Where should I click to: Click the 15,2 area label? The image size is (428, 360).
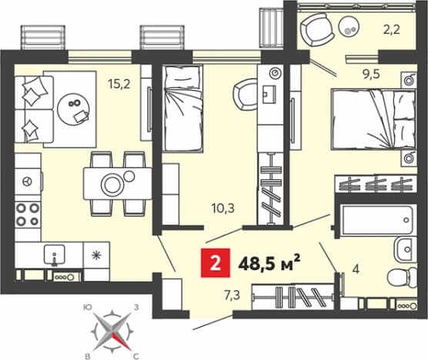click(119, 84)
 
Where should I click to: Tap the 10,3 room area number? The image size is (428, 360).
click(223, 208)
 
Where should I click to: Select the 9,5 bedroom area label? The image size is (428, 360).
click(371, 74)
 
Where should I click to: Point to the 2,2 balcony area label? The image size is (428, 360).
click(391, 30)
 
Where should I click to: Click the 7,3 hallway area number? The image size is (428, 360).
click(232, 295)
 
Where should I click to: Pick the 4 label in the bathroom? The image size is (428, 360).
click(356, 269)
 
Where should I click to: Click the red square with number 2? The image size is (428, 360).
click(216, 263)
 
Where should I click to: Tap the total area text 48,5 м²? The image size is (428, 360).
click(269, 263)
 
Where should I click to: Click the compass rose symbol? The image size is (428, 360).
click(112, 331)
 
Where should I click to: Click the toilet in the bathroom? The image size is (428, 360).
click(403, 277)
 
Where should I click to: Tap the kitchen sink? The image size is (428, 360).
click(55, 255)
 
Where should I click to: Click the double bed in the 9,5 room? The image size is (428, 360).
click(373, 120)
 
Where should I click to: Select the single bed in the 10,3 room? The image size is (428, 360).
click(182, 108)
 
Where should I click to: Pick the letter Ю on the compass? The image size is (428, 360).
click(87, 308)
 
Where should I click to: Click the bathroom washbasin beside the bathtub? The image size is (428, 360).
click(406, 249)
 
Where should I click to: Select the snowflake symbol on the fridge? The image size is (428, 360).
click(96, 255)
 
